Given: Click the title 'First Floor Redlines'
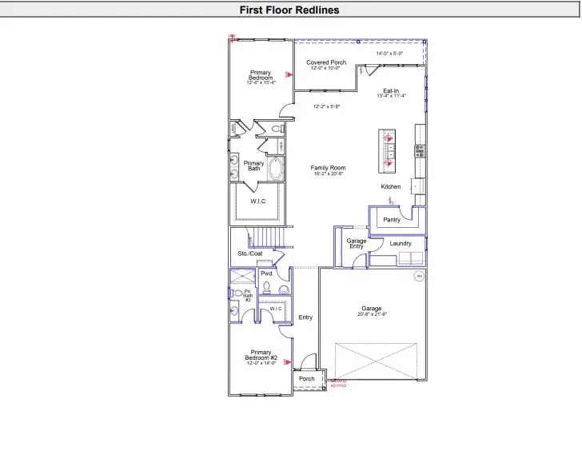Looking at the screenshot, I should (x=290, y=10).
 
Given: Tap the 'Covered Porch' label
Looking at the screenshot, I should (x=326, y=62).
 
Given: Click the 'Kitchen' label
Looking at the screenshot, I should (x=391, y=187).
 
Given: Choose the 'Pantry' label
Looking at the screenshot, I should (x=392, y=219).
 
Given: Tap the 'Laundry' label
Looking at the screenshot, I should (x=401, y=243).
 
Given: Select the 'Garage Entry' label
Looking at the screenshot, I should (x=356, y=244).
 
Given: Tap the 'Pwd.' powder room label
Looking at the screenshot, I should (x=267, y=273).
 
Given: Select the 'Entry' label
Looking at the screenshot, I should (x=305, y=317).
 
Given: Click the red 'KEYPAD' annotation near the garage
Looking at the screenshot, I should (x=338, y=385).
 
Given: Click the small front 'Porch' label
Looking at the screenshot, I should (x=306, y=379).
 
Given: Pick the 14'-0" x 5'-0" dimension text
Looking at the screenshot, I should (x=389, y=54).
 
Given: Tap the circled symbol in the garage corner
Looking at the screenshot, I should (x=418, y=277).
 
